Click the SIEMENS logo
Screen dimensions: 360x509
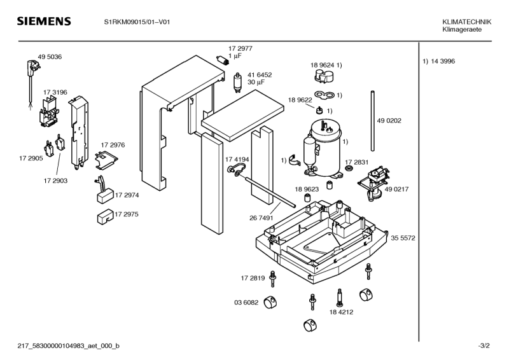[43, 22]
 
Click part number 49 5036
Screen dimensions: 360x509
[50, 57]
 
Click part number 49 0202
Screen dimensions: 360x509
[389, 120]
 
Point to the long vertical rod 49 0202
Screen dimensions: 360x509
[370, 121]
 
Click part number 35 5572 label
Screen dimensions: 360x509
[403, 238]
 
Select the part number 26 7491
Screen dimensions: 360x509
[262, 218]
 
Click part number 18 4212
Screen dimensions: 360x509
[341, 312]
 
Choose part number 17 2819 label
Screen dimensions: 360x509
[253, 278]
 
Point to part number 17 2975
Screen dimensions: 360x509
[126, 214]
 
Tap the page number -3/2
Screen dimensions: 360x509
[484, 345]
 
